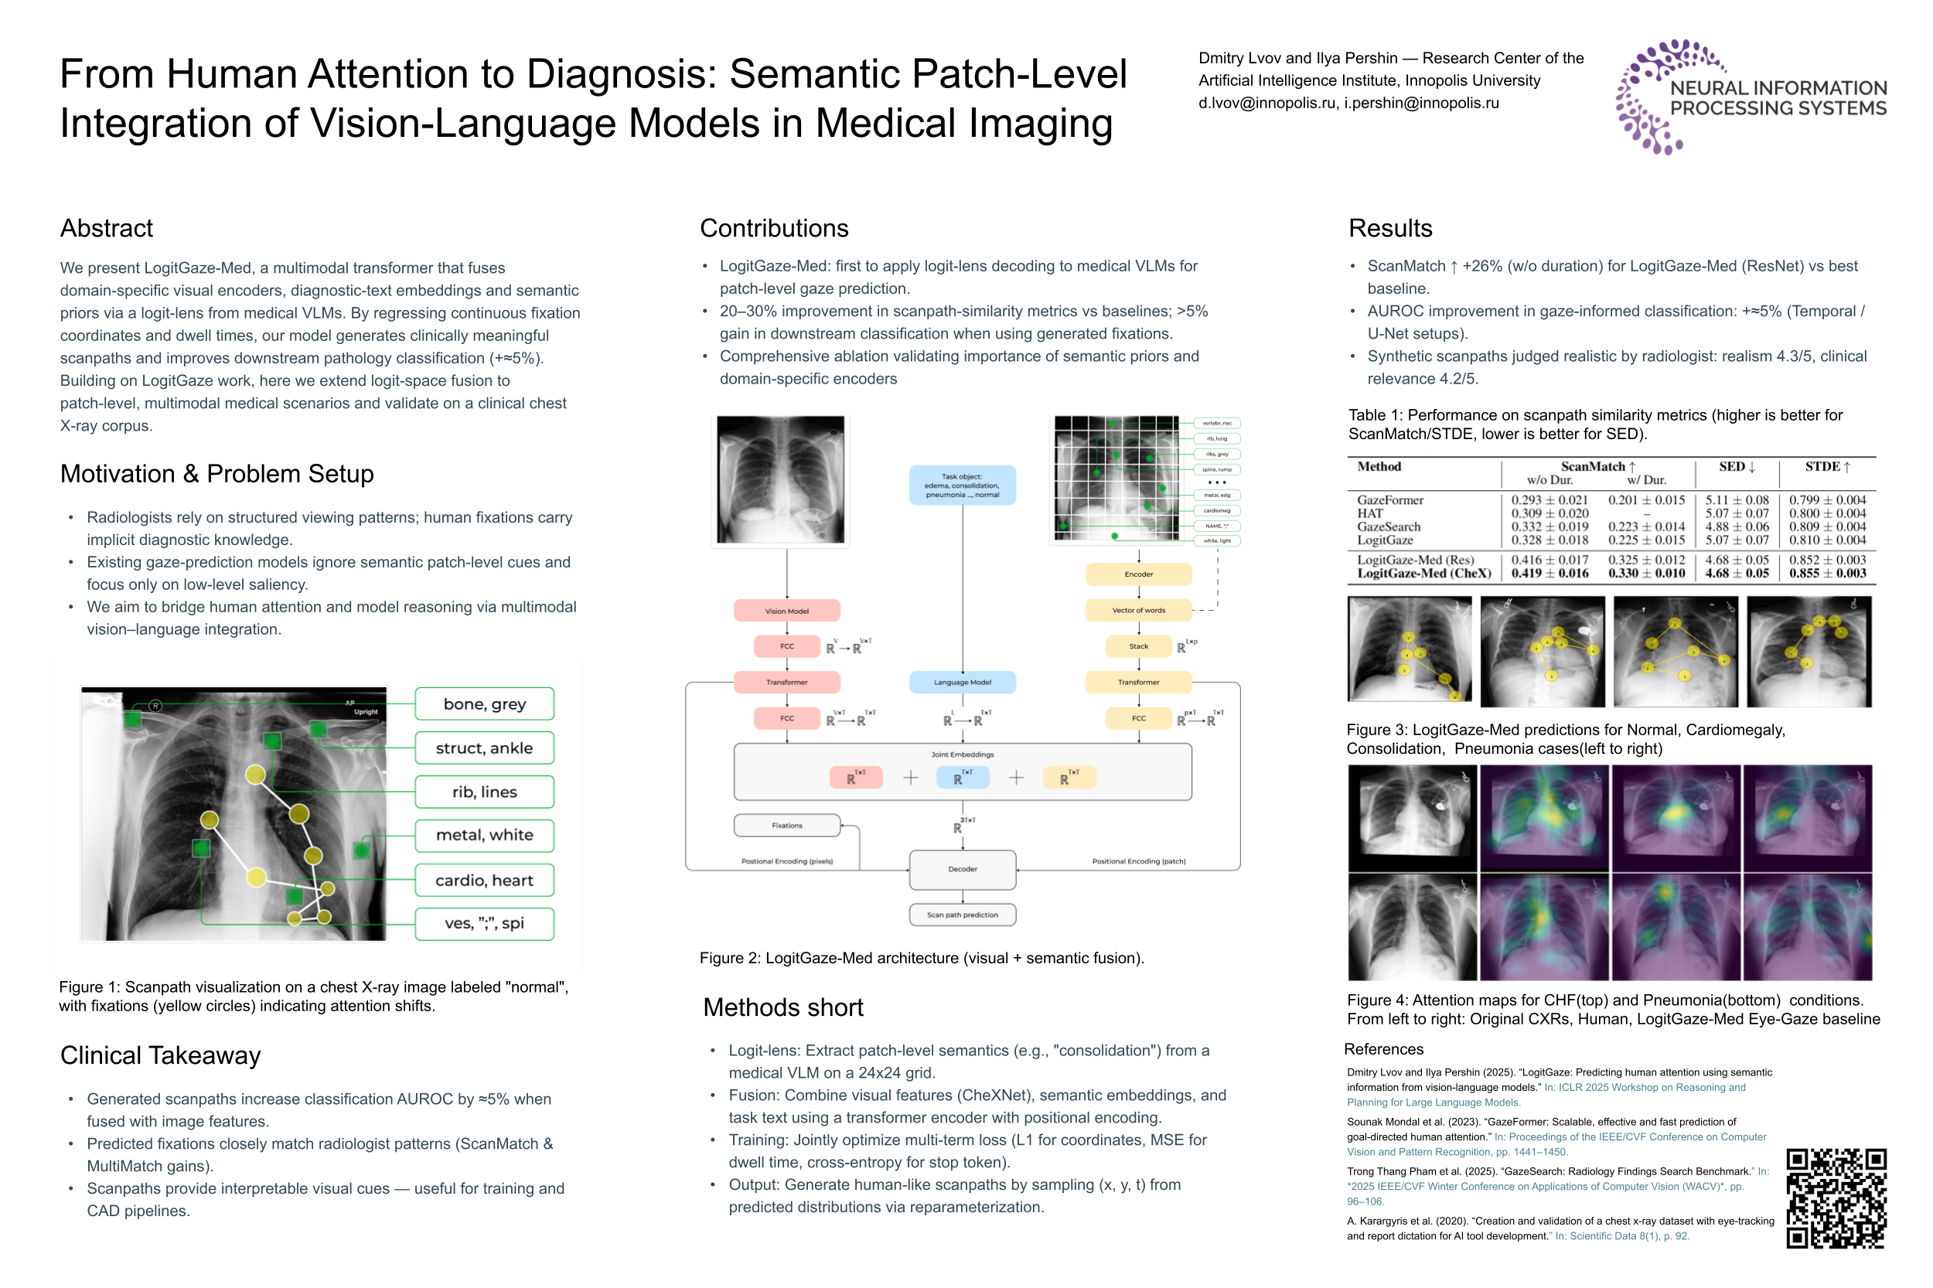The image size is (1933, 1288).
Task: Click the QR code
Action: (x=1836, y=1198)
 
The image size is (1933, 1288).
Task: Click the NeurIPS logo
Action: (x=1749, y=97)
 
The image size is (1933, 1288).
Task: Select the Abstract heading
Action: (x=106, y=228)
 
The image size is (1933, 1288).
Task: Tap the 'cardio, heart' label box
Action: (x=484, y=880)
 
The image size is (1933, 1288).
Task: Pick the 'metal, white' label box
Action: (x=484, y=835)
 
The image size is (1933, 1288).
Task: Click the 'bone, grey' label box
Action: (x=484, y=704)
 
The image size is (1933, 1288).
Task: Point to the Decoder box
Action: (x=962, y=869)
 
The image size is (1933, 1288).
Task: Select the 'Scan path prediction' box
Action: (x=962, y=915)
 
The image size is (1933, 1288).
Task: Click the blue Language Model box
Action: (x=962, y=682)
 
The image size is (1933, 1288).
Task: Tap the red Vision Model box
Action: (x=786, y=610)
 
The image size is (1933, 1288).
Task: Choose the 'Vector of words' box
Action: (x=1138, y=610)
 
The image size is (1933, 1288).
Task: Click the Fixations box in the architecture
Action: (x=786, y=826)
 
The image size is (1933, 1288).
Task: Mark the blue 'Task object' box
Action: (x=962, y=486)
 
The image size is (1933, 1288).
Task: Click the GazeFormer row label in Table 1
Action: (x=1390, y=499)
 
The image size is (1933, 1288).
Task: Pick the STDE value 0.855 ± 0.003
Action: (x=1827, y=574)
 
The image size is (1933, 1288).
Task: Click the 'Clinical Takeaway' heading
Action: (x=160, y=1055)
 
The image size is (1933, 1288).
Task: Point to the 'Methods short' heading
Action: (x=783, y=1008)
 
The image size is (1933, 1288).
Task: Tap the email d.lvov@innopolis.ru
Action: (x=1267, y=104)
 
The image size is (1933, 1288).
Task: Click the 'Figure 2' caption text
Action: (x=921, y=958)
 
